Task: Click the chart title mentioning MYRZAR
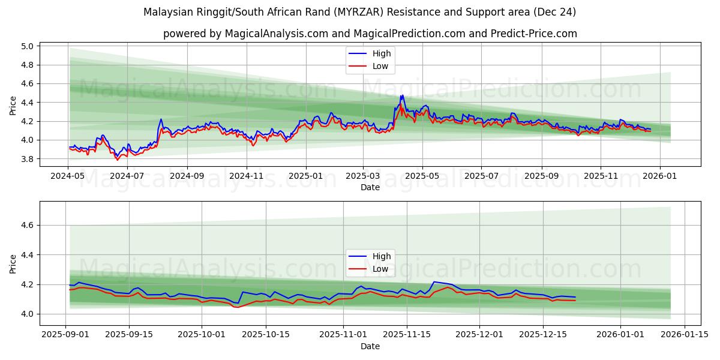coord(360,12)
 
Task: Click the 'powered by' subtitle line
coord(370,34)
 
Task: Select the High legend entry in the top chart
coord(381,54)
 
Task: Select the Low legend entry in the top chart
coord(380,67)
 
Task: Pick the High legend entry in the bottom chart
coord(381,256)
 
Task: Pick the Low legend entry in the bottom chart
coord(380,269)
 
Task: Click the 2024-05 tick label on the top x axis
coord(68,176)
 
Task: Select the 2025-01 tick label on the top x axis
coord(306,176)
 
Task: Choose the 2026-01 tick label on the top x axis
coord(660,176)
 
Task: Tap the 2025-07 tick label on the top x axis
coord(481,176)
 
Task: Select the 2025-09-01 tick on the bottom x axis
coord(66,335)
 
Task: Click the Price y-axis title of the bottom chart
coord(13,263)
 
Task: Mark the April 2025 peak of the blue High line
coord(401,95)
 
